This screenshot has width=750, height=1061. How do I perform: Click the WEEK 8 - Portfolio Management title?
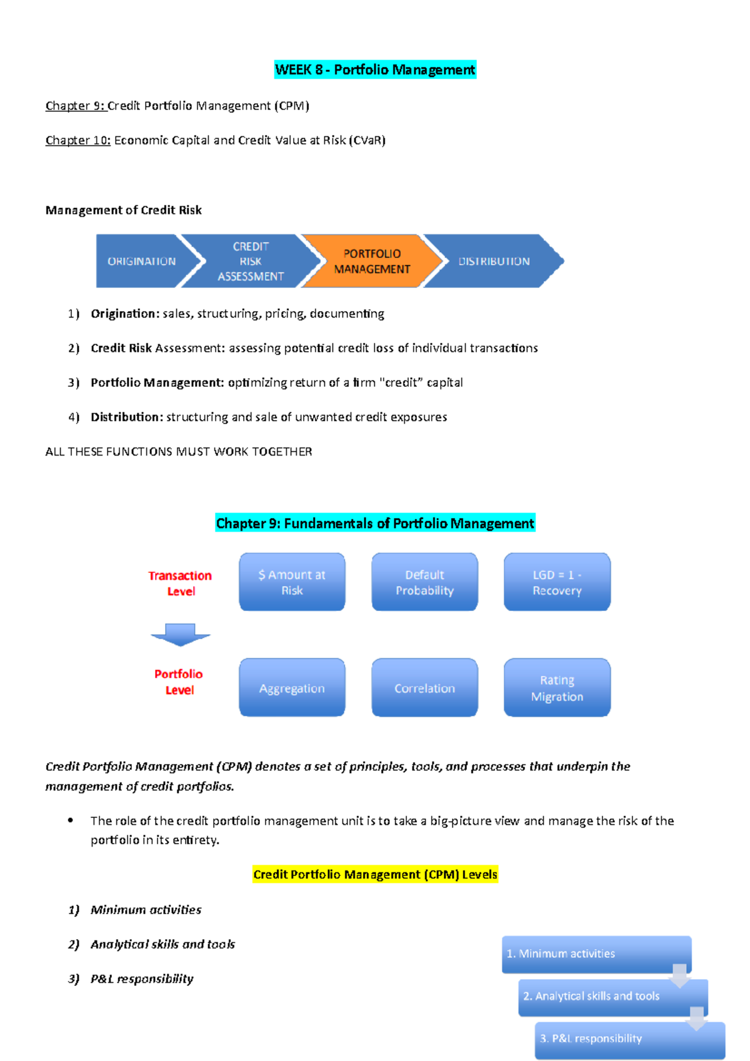tap(375, 69)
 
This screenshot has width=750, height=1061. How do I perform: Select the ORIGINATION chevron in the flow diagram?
tap(142, 261)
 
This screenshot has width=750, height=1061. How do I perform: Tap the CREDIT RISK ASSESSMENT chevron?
tap(251, 261)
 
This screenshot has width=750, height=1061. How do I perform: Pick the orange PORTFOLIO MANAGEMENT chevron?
tap(372, 261)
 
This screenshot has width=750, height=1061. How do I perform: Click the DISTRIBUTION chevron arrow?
tap(494, 261)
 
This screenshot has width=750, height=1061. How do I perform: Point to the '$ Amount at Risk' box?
tap(292, 582)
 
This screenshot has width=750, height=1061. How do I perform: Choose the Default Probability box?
tap(424, 582)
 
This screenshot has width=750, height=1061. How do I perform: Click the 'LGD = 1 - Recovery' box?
tap(557, 582)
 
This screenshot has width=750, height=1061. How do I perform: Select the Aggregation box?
tap(292, 687)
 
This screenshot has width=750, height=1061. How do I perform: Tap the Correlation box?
tap(424, 687)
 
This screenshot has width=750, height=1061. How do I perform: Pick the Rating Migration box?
tap(557, 687)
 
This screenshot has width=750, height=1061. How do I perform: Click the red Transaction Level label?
tap(180, 583)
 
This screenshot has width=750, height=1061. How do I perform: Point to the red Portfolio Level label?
tap(179, 682)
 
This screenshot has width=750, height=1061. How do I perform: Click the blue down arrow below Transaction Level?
tap(180, 634)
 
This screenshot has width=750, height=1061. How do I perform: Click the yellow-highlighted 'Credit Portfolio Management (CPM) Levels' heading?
tap(375, 874)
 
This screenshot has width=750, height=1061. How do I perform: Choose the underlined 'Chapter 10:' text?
tap(77, 140)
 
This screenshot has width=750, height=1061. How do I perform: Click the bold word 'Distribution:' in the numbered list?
tap(127, 417)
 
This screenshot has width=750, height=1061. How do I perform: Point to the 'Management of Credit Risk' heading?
tap(123, 210)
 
